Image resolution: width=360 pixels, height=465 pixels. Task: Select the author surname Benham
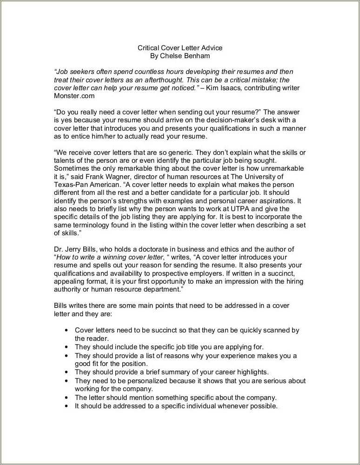197,56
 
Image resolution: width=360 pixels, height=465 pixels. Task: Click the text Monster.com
74,96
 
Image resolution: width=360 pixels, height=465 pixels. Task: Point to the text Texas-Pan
70,185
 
